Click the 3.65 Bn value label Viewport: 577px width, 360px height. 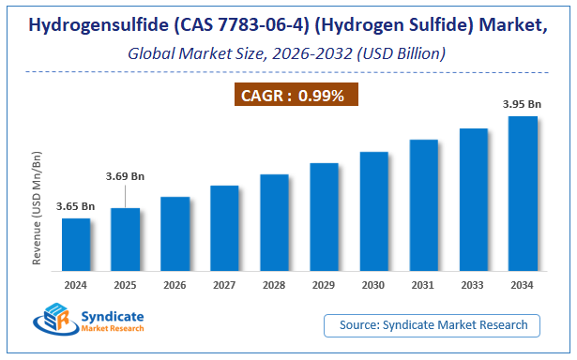(x=76, y=206)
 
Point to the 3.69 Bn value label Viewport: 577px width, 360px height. (x=125, y=176)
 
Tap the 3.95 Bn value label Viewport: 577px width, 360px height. (x=523, y=104)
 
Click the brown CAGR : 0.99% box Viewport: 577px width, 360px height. (x=295, y=95)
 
